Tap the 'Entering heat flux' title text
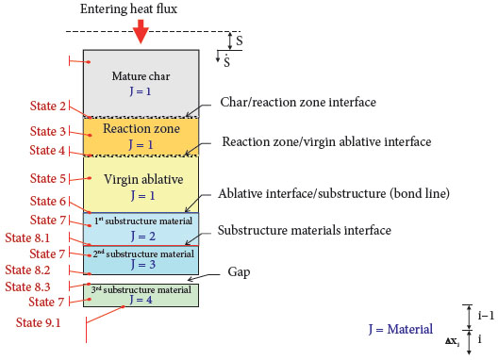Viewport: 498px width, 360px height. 141,8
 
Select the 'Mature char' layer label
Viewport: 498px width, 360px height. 141,75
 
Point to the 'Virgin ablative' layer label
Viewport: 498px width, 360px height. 141,178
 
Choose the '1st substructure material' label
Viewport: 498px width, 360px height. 141,220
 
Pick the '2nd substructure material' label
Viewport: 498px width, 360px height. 141,253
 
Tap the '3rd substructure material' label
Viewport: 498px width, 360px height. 141,288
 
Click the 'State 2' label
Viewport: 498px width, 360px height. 49,106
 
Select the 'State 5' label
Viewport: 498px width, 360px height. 49,178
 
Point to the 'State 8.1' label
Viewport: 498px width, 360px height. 43,237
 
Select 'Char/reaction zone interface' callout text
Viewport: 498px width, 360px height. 297,101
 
